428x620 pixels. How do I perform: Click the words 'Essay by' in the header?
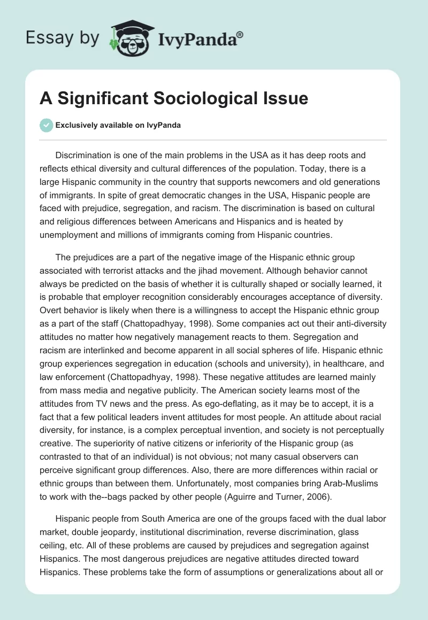click(x=63, y=38)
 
